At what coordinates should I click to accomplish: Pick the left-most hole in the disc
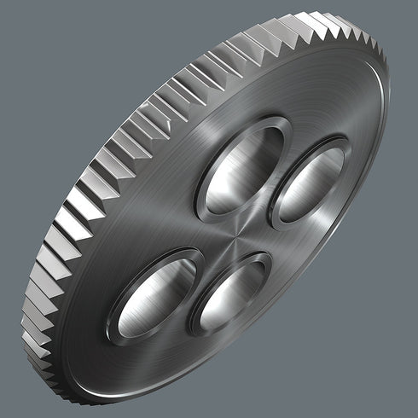154,293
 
